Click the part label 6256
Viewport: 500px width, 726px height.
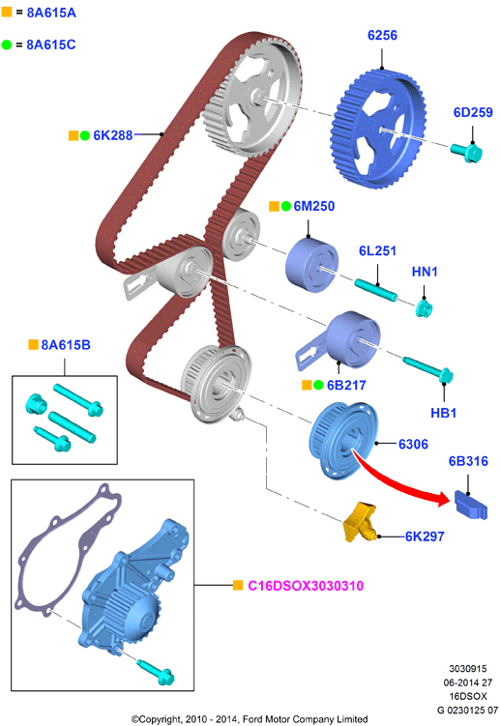382,35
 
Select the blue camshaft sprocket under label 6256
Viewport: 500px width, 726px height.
378,130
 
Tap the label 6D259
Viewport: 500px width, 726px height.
473,112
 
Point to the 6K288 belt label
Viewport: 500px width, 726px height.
113,135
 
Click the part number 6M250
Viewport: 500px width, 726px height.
314,206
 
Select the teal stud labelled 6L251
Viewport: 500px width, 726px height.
376,290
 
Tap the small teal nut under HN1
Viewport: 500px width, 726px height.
424,308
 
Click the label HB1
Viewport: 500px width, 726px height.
444,413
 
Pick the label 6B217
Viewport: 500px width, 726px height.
346,385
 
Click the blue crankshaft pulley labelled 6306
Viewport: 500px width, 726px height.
343,440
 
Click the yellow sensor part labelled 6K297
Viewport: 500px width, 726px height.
359,521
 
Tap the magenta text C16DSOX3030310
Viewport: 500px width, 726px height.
306,586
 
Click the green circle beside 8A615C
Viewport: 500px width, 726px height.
7,44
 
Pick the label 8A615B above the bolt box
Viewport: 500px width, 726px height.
66,345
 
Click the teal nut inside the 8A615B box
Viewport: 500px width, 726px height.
36,404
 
